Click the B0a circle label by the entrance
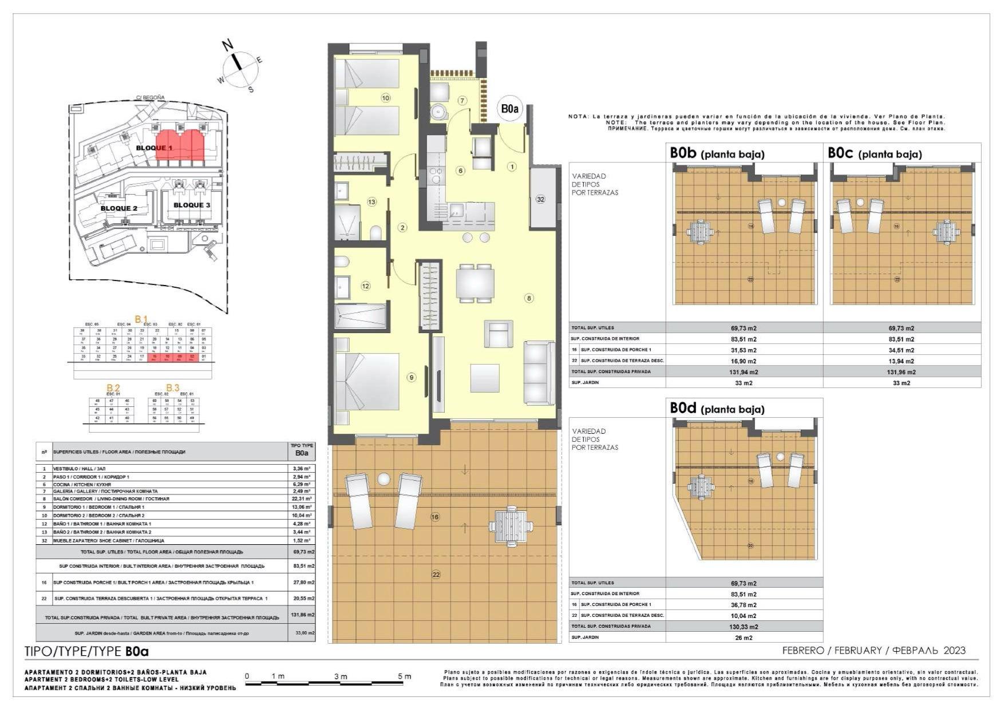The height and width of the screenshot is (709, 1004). click(509, 108)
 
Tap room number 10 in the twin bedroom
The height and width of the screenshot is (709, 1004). click(385, 98)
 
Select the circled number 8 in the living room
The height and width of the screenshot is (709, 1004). click(529, 298)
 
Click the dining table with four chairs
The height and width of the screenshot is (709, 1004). click(475, 283)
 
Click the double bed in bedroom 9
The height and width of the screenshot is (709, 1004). click(367, 381)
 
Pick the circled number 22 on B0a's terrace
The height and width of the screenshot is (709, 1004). click(436, 574)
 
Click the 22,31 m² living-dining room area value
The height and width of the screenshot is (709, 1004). click(302, 498)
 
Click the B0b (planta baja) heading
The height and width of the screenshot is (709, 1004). click(717, 153)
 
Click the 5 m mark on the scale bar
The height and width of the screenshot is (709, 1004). click(404, 676)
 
